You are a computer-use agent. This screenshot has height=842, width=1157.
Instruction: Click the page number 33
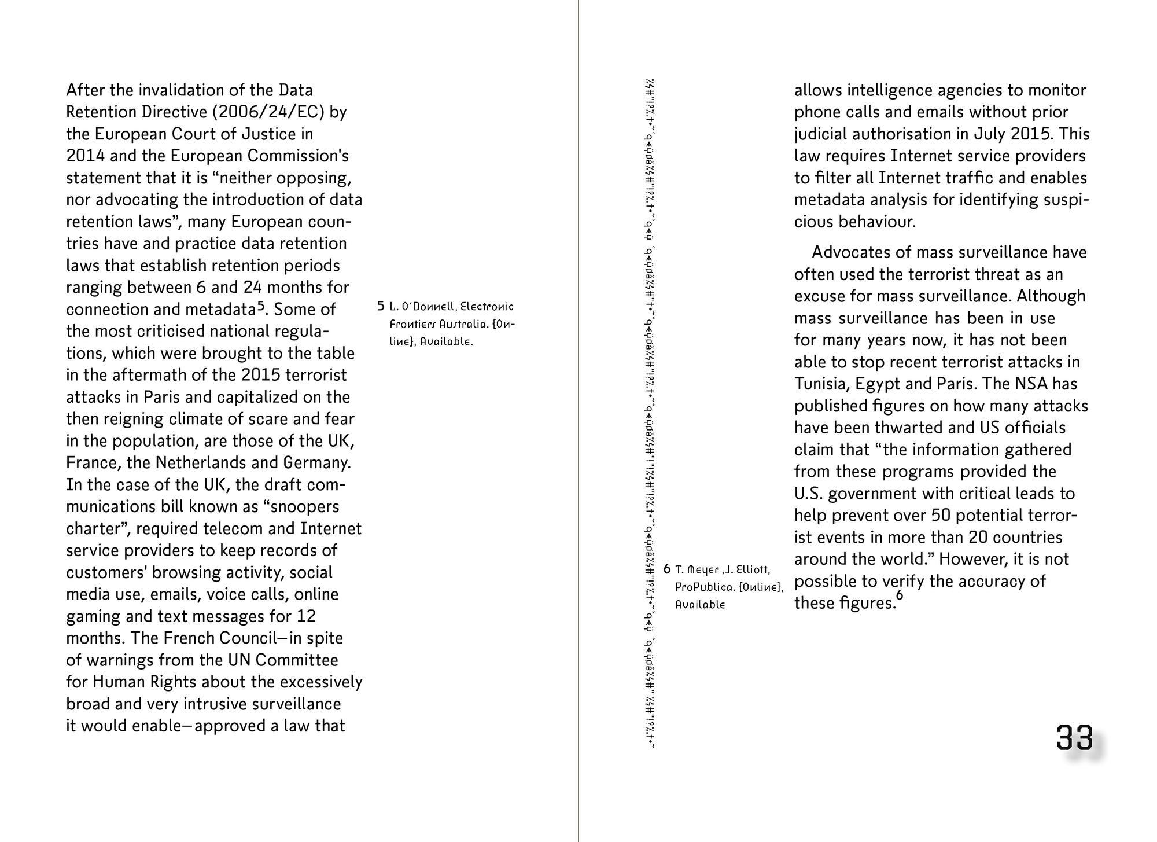click(1075, 737)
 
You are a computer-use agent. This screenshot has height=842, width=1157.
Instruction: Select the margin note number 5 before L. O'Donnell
click(381, 306)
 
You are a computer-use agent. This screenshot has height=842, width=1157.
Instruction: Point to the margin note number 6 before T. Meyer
click(667, 569)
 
